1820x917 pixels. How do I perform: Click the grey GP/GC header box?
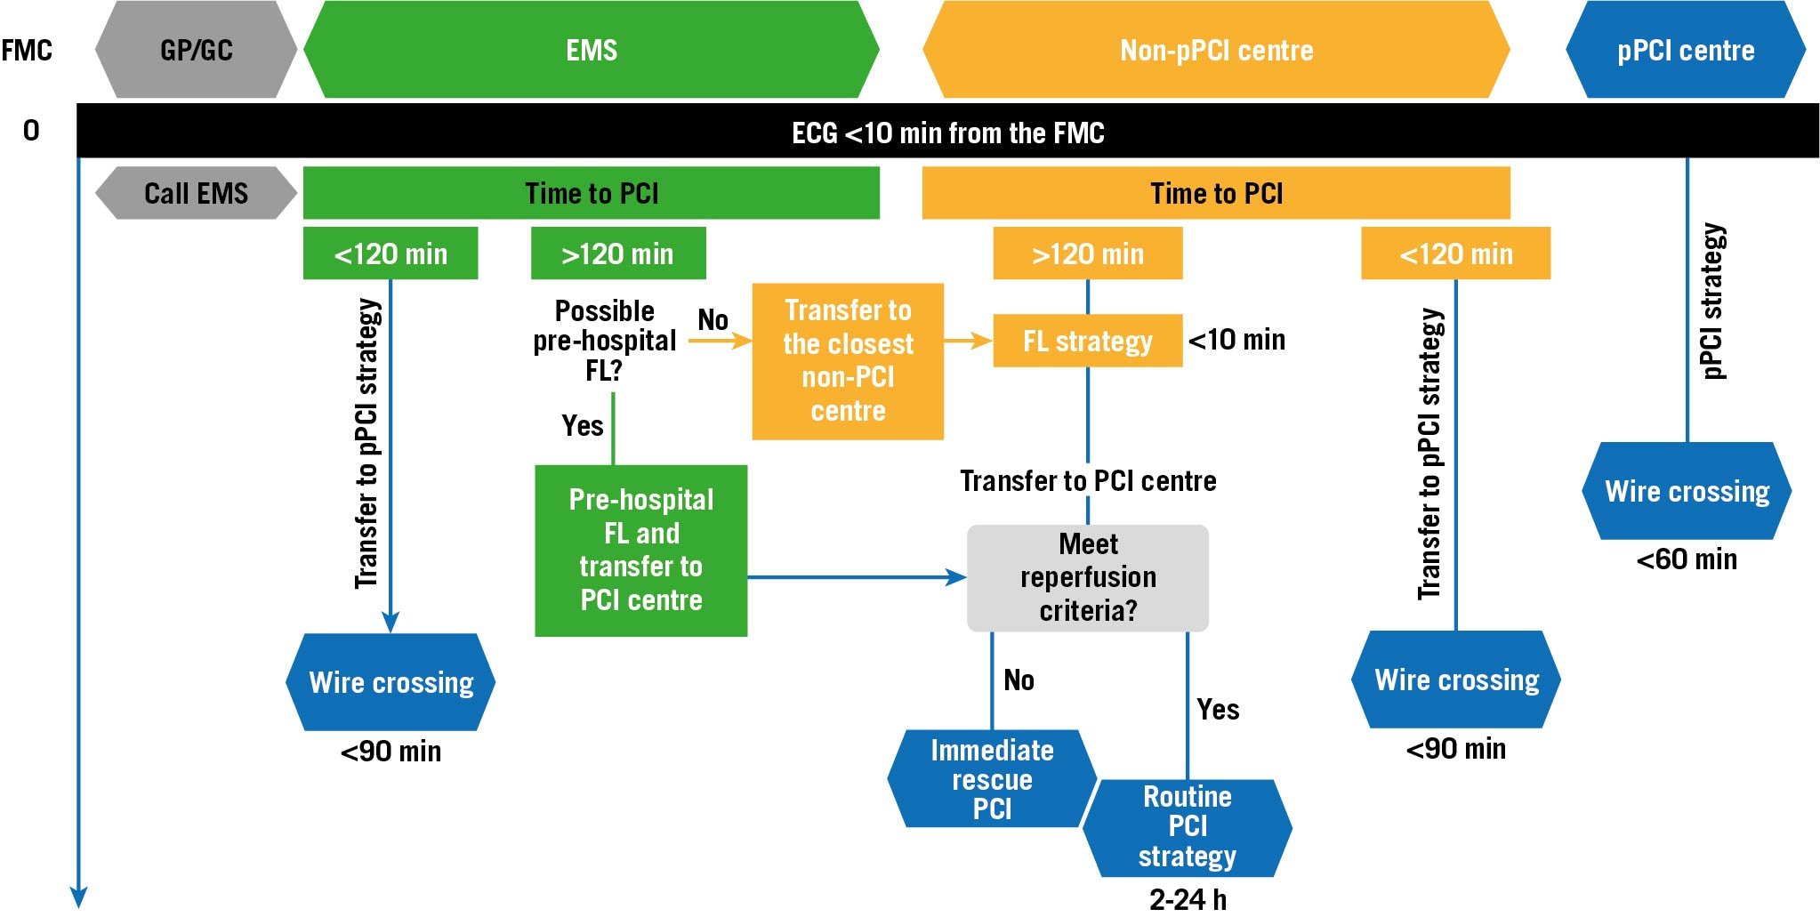click(x=196, y=50)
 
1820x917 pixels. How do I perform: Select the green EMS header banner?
click(x=592, y=50)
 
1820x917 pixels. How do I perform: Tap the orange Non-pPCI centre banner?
click(x=1216, y=50)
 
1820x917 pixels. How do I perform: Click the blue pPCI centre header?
click(x=1686, y=50)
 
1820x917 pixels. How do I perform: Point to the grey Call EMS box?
click(x=196, y=193)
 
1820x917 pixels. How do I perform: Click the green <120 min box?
click(x=391, y=253)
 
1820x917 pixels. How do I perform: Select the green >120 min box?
click(x=617, y=253)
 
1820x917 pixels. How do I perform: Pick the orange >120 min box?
click(x=1087, y=253)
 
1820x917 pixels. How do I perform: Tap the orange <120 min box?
click(x=1455, y=253)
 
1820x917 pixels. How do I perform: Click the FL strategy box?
click(x=1087, y=341)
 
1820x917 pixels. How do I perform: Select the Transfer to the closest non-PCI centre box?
click(x=848, y=360)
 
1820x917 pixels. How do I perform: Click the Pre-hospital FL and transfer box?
click(x=640, y=550)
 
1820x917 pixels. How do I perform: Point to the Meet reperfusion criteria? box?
click(x=1088, y=577)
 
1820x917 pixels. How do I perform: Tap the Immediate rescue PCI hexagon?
click(x=992, y=779)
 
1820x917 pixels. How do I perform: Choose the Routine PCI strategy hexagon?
click(x=1187, y=827)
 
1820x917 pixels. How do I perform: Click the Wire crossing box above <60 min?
click(x=1687, y=491)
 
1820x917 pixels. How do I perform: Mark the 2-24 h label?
click(x=1187, y=899)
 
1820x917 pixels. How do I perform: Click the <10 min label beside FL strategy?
click(x=1236, y=340)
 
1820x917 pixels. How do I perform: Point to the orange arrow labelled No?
click(x=719, y=340)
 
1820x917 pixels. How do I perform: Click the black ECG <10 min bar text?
click(x=947, y=133)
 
